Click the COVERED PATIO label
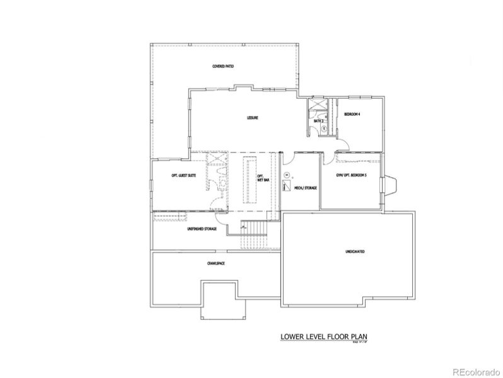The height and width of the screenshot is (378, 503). [223, 66]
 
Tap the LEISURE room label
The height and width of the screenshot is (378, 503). [253, 118]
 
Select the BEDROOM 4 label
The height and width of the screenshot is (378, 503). [353, 114]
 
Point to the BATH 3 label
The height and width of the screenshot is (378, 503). [318, 120]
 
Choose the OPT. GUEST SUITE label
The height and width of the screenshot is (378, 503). [183, 176]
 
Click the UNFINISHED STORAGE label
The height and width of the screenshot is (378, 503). [202, 229]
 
